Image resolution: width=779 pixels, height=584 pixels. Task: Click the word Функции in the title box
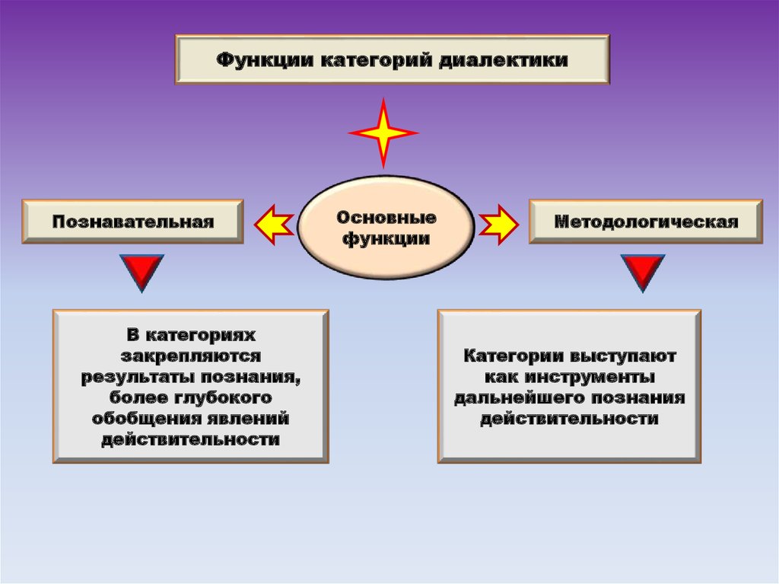(263, 59)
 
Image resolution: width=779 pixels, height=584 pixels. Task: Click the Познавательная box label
(133, 222)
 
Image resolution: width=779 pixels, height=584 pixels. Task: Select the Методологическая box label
(646, 222)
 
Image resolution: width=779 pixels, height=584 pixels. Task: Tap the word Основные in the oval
(386, 218)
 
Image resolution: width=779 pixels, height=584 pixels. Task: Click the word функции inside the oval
(386, 238)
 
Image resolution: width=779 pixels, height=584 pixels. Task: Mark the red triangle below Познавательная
(141, 272)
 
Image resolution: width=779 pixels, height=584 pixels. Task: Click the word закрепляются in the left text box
(191, 356)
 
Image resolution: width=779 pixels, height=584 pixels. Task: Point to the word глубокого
(229, 397)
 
